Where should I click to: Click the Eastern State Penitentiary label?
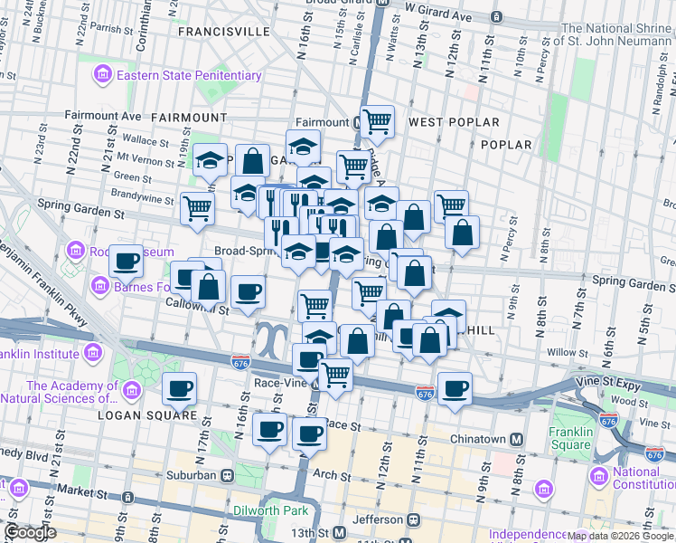187,75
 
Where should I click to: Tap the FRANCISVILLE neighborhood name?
224,31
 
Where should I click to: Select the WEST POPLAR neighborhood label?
454,122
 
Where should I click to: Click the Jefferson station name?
378,519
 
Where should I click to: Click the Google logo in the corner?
31,532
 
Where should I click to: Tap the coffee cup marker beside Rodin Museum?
126,262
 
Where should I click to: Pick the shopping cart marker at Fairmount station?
377,120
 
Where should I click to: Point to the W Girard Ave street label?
438,17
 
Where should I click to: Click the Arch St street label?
333,475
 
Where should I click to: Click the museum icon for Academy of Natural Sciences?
132,391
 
